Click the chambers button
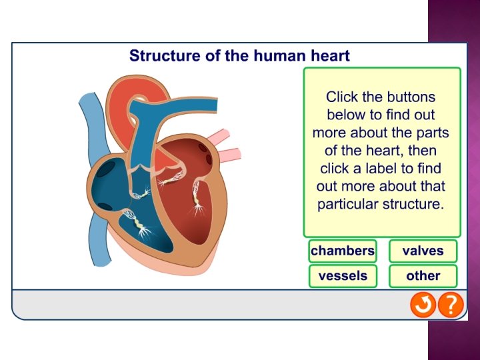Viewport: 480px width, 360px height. coord(343,251)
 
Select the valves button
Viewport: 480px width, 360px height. coord(423,251)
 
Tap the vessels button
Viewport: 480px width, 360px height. coord(343,276)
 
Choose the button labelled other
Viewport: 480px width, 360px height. coord(423,276)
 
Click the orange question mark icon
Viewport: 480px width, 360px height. coord(451,305)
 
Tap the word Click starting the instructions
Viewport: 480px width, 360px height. coord(341,97)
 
